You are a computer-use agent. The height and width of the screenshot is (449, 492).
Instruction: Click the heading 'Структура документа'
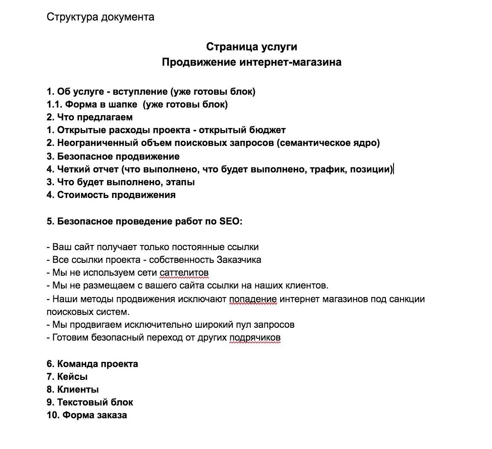pos(100,17)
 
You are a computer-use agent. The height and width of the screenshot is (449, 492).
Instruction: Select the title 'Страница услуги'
pos(252,47)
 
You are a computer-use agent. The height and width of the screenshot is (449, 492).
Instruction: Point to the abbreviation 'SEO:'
pos(231,221)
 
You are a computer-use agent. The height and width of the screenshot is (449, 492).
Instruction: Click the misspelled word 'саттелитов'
pos(184,273)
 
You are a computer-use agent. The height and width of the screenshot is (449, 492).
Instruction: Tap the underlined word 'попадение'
pos(253,299)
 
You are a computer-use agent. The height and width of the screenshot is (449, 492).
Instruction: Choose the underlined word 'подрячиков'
pos(255,338)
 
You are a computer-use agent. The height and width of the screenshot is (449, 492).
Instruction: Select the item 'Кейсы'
pos(72,376)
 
